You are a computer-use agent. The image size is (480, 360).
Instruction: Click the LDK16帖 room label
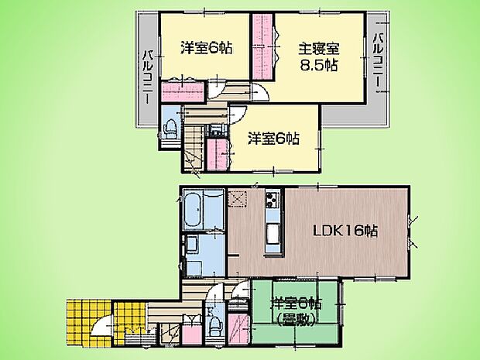345,231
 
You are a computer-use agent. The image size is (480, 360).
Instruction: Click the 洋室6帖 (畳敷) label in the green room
295,310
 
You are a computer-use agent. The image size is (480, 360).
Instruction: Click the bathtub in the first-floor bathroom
194,208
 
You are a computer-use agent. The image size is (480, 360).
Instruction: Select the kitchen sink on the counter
273,232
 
